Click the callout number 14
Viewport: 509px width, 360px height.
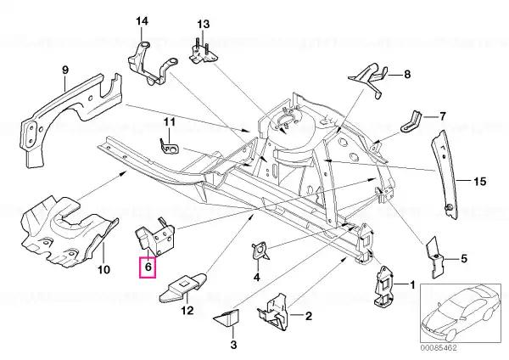pos(142,21)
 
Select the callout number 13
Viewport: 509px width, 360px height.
pos(204,25)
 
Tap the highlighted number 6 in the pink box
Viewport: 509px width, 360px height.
pos(148,267)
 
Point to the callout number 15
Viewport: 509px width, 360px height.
pos(479,182)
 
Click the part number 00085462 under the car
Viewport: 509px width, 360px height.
pos(439,347)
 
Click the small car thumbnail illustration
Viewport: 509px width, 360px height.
pos(461,312)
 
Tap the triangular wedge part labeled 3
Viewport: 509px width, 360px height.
pos(227,318)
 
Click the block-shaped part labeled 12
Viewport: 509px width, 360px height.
pos(183,287)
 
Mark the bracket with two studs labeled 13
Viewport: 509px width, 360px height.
pos(204,53)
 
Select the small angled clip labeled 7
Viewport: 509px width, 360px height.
pos(411,122)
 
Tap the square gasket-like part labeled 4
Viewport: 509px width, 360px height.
pos(260,250)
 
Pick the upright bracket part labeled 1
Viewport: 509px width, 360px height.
pos(384,286)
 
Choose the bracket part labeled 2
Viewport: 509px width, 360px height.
pos(274,312)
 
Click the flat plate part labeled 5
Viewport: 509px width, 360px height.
pos(434,256)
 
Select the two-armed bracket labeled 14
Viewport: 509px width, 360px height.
pos(153,64)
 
